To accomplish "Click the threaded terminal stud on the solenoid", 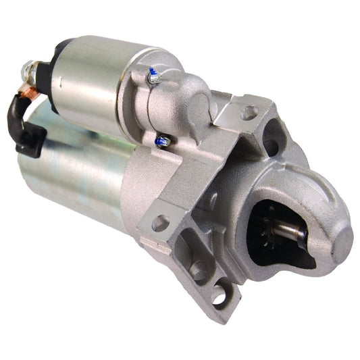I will click(x=28, y=68).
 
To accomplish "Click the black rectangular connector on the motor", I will click(x=32, y=140).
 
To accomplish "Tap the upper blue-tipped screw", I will click(x=153, y=76).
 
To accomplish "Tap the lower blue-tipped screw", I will click(x=163, y=141).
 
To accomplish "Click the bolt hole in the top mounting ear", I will click(x=249, y=112).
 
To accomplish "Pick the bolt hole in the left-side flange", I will click(x=161, y=222).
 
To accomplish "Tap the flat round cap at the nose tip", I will click(x=342, y=240).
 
